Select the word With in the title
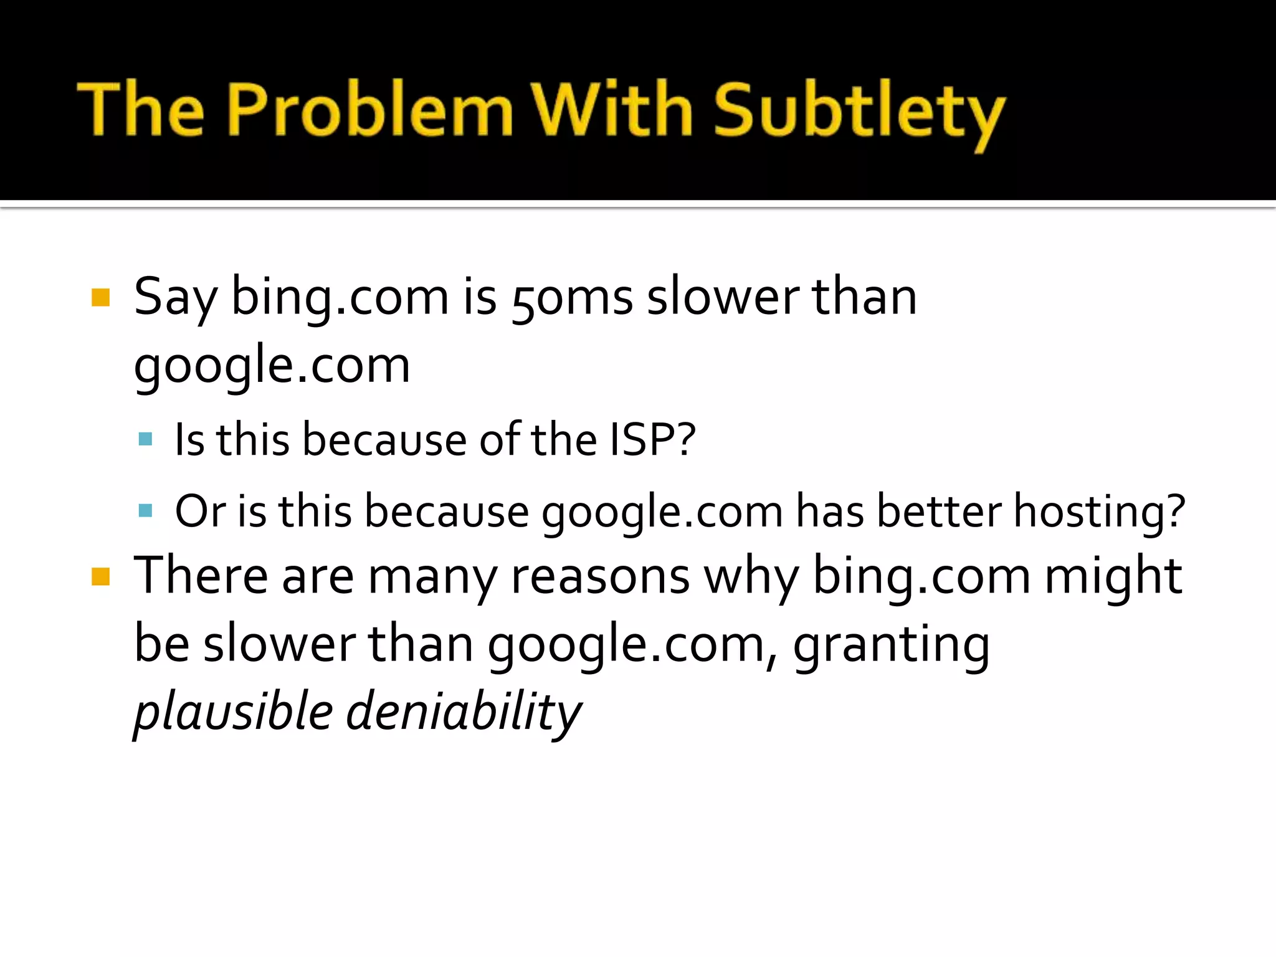[612, 109]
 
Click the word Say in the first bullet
[175, 298]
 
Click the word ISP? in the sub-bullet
[652, 440]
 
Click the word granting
[891, 645]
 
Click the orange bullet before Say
[100, 298]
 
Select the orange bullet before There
[100, 576]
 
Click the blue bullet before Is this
[145, 439]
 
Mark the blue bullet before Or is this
[145, 511]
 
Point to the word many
[432, 576]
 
